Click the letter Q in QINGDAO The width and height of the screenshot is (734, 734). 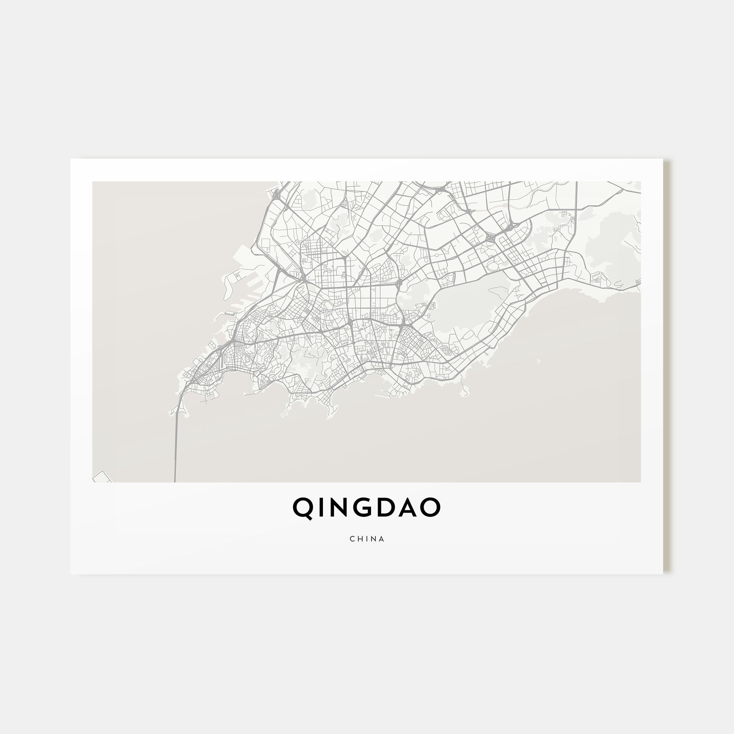tap(303, 508)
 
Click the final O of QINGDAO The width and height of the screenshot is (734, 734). tap(431, 508)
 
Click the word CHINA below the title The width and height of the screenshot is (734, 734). tap(367, 539)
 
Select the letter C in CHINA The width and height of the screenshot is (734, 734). tap(352, 539)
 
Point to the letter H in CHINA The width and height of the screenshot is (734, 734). tap(360, 539)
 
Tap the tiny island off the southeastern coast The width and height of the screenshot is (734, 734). tap(539, 360)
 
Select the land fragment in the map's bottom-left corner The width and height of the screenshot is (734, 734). tap(102, 477)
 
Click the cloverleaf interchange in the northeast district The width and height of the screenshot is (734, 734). tap(490, 238)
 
